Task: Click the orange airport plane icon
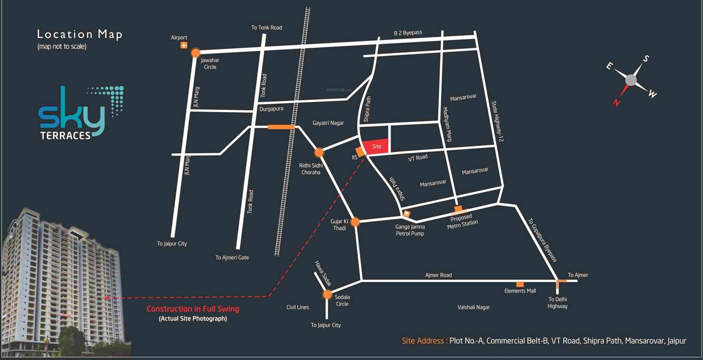click(184, 45)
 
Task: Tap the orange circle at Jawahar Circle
click(196, 53)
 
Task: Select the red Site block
click(376, 146)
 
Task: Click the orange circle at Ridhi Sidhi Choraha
click(318, 153)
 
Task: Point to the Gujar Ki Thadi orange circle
click(355, 222)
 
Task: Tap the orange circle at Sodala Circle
click(327, 295)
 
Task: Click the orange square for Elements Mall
click(520, 284)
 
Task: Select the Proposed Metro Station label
click(462, 221)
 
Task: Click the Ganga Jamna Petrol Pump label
click(410, 230)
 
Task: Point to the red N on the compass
click(616, 103)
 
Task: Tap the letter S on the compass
click(646, 58)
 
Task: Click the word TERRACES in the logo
click(66, 135)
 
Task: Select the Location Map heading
click(79, 35)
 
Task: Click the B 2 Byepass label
click(408, 33)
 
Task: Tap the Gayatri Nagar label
click(328, 123)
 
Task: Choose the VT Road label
click(418, 158)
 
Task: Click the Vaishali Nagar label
click(474, 307)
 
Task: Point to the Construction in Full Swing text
click(193, 309)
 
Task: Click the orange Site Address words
click(424, 341)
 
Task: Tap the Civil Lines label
click(297, 307)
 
